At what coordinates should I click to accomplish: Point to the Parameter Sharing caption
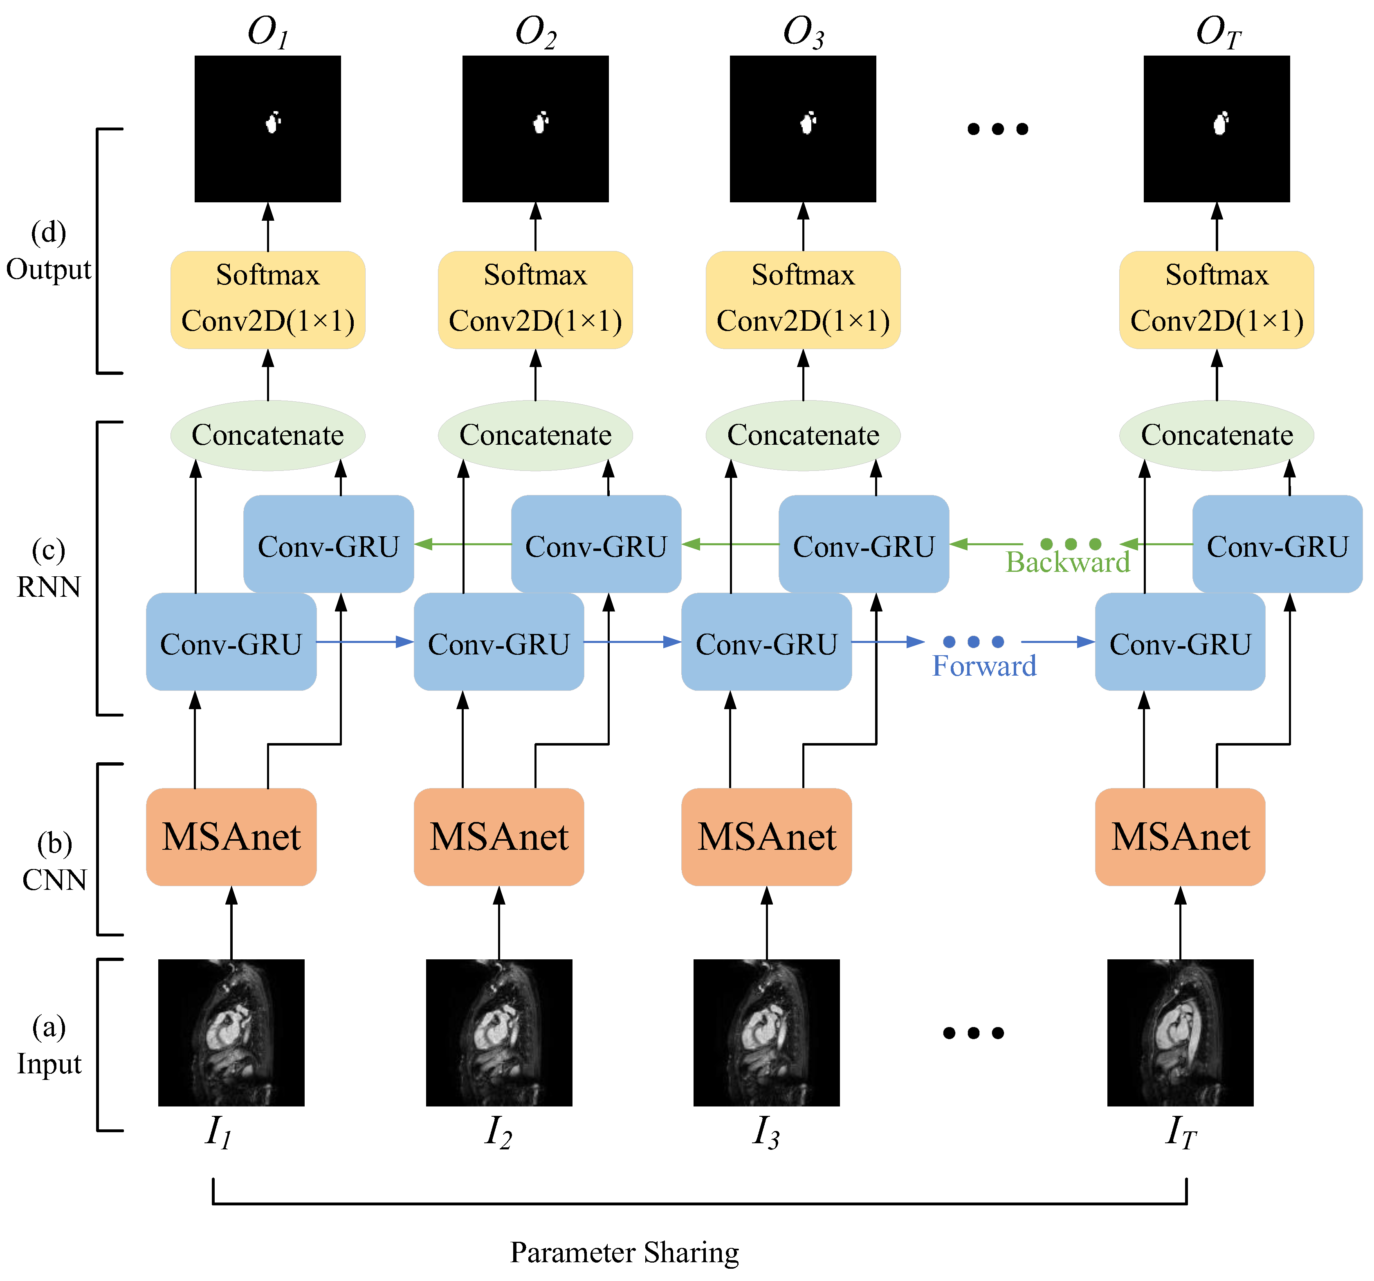(624, 1252)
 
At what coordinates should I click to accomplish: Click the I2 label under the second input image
(498, 1132)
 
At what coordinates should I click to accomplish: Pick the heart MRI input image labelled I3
(766, 1032)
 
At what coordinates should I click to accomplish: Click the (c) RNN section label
(48, 569)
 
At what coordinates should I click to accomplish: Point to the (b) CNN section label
(54, 862)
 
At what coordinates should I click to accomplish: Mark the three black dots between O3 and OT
(997, 128)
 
